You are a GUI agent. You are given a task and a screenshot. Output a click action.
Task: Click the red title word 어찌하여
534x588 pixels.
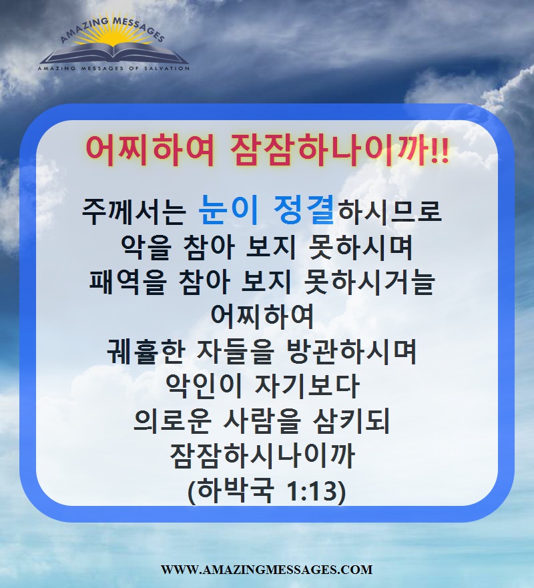[150, 150]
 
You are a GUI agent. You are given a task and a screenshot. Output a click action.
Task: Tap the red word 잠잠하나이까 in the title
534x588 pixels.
[330, 150]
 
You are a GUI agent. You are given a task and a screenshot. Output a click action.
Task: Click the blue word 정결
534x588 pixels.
[303, 211]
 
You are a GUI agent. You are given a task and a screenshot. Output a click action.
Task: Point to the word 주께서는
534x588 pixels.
[134, 212]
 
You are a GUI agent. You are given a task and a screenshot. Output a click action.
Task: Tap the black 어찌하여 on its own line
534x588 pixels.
[262, 316]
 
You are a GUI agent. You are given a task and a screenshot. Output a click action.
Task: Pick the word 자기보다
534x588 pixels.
[307, 386]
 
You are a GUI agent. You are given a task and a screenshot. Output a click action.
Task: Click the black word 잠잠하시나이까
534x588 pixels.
[262, 456]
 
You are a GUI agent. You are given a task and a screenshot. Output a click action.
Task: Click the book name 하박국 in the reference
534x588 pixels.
[234, 491]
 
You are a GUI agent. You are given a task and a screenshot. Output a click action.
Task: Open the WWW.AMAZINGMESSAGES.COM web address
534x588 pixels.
[266, 569]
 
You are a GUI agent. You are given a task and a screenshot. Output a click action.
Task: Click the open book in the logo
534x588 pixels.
[114, 53]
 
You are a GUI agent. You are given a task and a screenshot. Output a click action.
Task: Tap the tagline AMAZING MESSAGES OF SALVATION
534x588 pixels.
[113, 68]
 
